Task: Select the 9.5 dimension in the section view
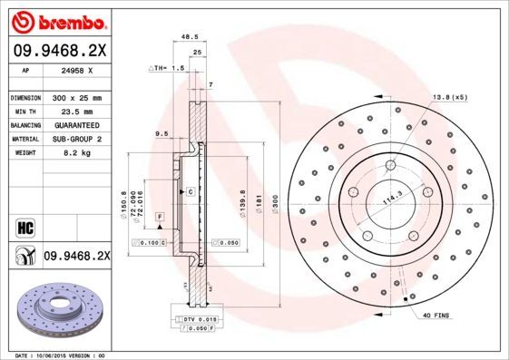162,133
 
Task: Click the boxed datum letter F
159,218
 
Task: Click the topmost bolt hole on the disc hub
391,165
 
